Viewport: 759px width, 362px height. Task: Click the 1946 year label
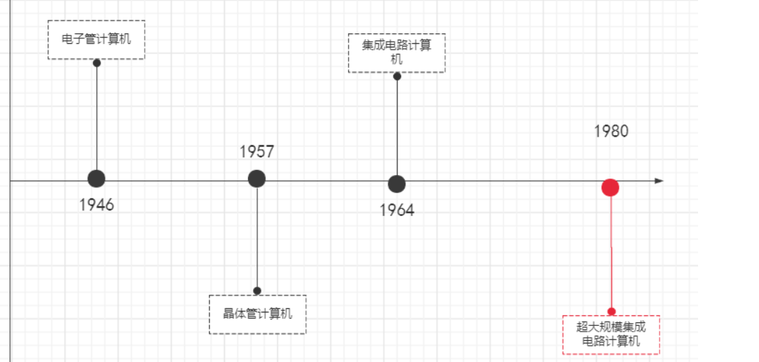pos(96,205)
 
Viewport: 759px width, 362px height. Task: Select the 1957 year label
pos(257,152)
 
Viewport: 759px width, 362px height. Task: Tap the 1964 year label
pos(397,210)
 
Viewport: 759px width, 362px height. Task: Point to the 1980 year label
pos(611,131)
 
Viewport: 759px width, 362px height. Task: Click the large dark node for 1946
pos(96,180)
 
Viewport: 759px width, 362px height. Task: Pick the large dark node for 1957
pos(257,179)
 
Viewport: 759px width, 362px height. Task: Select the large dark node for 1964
pos(397,183)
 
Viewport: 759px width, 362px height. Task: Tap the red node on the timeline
pos(610,188)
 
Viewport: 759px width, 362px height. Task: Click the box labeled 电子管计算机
pos(96,40)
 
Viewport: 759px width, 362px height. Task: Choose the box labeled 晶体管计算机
pos(257,314)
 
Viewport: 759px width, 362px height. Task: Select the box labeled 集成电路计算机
pos(397,52)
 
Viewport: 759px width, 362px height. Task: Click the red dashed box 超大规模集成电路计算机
pos(611,334)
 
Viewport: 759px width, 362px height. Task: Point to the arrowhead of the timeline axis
pos(659,181)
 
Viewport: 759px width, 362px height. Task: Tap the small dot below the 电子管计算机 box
pos(97,62)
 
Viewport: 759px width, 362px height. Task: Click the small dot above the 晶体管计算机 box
pos(257,290)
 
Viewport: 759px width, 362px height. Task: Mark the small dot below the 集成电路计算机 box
pos(397,77)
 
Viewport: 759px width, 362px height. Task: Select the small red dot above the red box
pos(611,311)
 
